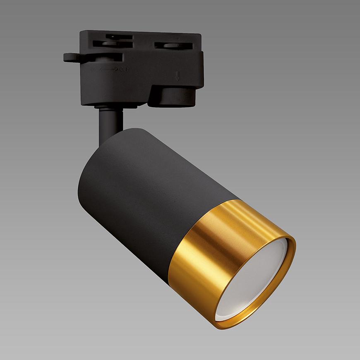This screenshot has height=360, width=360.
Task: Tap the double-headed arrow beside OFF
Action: point(108,69)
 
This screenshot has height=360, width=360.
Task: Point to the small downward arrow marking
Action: point(177,76)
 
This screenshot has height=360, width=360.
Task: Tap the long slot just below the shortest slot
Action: point(112,43)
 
